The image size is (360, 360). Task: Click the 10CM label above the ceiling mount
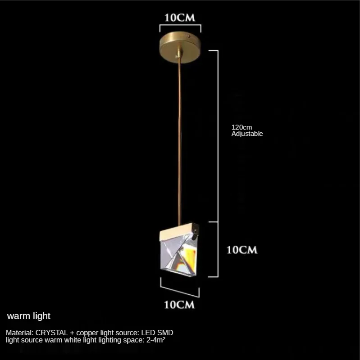(180, 18)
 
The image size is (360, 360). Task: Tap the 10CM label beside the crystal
(242, 250)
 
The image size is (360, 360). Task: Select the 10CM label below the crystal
(179, 305)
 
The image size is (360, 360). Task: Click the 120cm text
(242, 127)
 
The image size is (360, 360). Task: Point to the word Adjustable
(247, 134)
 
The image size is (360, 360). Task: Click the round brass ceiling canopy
(180, 47)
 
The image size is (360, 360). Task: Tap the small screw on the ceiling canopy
(189, 36)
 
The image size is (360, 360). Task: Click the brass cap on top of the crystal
(179, 232)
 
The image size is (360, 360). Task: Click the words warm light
(29, 316)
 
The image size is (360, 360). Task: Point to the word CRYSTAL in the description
(51, 333)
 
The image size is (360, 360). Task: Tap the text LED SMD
(157, 333)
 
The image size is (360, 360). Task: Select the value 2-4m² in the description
(156, 340)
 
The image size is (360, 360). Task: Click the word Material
(19, 333)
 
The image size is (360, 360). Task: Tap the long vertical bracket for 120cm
(218, 136)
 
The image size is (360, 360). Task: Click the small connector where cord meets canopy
(178, 54)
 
